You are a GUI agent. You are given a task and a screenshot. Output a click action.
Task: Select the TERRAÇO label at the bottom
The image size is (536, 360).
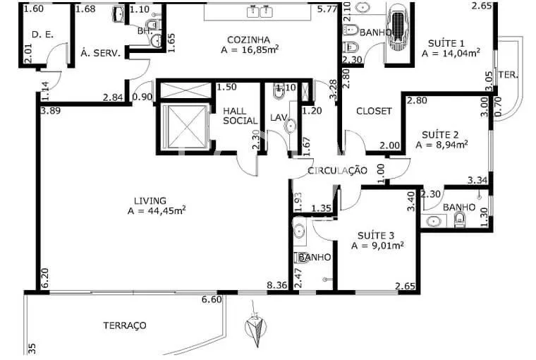click(124, 325)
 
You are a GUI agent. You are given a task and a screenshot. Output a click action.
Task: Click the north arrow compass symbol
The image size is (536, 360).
click(255, 328)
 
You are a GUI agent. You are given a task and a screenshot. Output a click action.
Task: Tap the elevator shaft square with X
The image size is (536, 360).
click(183, 126)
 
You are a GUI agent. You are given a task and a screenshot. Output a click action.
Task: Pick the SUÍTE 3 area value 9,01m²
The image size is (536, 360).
click(377, 246)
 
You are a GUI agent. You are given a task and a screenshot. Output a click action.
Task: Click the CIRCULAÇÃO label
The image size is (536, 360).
click(338, 170)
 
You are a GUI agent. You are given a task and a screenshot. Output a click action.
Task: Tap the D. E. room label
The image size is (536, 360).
click(43, 35)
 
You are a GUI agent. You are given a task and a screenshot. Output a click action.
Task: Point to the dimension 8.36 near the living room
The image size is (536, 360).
click(276, 286)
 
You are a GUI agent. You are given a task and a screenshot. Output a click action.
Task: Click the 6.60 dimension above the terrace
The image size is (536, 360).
click(212, 300)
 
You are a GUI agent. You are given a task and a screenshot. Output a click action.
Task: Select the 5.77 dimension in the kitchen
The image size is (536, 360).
click(327, 9)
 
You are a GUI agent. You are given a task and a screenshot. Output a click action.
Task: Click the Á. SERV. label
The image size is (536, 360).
click(100, 53)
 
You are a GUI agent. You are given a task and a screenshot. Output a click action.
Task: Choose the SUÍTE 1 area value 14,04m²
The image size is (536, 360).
click(451, 52)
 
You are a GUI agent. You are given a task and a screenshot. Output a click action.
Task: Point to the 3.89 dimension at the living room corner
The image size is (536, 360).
click(50, 111)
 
